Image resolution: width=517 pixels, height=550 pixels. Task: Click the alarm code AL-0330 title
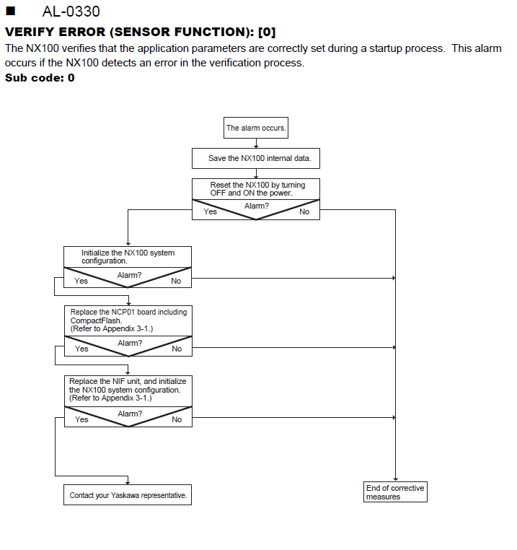(71, 12)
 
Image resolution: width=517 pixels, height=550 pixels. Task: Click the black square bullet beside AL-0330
(11, 11)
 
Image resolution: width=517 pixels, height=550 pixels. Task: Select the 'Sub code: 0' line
(40, 77)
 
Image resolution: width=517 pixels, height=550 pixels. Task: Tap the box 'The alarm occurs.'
(256, 128)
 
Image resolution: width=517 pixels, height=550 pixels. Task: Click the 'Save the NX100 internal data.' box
(256, 158)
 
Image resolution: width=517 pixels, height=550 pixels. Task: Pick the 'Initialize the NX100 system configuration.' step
(128, 257)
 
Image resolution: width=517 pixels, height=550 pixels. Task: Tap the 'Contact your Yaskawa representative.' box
(128, 495)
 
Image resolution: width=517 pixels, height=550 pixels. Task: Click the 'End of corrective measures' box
(395, 492)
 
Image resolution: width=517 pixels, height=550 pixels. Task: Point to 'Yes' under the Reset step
(211, 211)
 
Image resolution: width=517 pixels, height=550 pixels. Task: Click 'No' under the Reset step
(304, 211)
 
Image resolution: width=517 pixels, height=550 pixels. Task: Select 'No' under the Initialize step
(176, 281)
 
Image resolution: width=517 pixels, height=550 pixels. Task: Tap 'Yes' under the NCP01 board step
(81, 349)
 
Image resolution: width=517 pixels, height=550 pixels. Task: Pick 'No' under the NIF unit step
(177, 419)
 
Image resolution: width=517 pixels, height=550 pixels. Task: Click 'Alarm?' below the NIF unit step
(130, 414)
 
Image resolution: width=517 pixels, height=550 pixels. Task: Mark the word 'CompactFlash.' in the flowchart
(96, 320)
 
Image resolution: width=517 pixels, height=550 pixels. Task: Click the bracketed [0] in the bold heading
(267, 32)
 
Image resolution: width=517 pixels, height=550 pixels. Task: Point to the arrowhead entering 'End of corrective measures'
(395, 479)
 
